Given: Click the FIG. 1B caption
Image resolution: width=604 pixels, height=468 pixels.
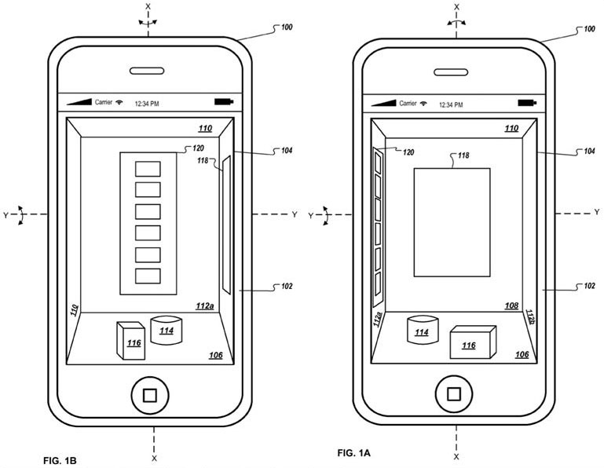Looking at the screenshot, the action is pyautogui.click(x=60, y=460).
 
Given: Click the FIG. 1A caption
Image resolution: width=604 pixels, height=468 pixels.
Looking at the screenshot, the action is pyautogui.click(x=353, y=452).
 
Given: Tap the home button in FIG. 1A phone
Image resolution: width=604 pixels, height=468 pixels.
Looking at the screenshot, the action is pyautogui.click(x=454, y=394).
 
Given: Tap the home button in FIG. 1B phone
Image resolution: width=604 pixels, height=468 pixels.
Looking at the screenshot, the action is pyautogui.click(x=149, y=395).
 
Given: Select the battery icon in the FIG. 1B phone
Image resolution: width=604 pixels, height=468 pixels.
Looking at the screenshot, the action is pyautogui.click(x=224, y=102).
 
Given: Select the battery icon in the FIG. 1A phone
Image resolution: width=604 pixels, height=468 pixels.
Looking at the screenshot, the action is pyautogui.click(x=527, y=103).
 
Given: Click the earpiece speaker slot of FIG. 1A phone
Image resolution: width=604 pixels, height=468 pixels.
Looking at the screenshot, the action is pyautogui.click(x=451, y=72).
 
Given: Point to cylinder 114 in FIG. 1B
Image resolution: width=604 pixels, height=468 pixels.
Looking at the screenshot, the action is pyautogui.click(x=166, y=330).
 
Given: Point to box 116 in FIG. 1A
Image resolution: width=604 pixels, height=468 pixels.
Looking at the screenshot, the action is pyautogui.click(x=473, y=342).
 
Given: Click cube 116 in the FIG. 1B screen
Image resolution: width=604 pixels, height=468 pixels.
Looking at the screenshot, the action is pyautogui.click(x=131, y=341).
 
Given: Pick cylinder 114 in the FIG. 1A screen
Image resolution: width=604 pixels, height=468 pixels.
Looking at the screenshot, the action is pyautogui.click(x=423, y=330).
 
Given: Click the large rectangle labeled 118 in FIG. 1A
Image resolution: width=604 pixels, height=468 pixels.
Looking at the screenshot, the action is pyautogui.click(x=452, y=222).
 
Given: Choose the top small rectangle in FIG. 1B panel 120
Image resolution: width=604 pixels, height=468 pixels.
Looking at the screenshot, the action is pyautogui.click(x=148, y=169).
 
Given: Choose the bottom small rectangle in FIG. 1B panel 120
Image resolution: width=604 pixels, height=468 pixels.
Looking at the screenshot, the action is pyautogui.click(x=148, y=276).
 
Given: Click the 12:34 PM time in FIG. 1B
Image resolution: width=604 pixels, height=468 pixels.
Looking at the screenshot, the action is pyautogui.click(x=147, y=104).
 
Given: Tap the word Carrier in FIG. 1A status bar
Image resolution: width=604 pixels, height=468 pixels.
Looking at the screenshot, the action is pyautogui.click(x=408, y=103).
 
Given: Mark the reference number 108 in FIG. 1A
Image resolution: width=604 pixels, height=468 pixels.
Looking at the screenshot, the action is pyautogui.click(x=511, y=305).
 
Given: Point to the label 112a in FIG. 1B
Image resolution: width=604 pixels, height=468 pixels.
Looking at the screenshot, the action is pyautogui.click(x=204, y=306).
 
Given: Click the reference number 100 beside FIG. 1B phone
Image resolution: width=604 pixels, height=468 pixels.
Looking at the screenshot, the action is pyautogui.click(x=287, y=27).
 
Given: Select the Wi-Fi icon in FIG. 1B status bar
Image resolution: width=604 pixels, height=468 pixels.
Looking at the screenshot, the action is pyautogui.click(x=119, y=102).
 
